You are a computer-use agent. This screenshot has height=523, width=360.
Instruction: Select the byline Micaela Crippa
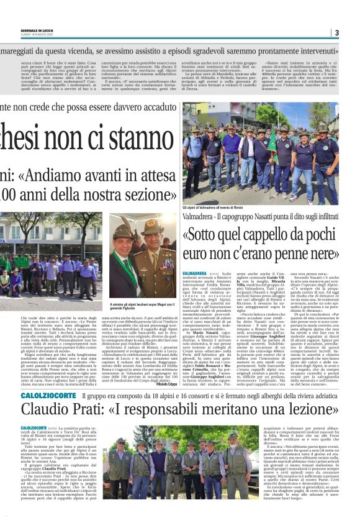coord(162,384)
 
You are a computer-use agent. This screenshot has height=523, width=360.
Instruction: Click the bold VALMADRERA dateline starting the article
coord(193,272)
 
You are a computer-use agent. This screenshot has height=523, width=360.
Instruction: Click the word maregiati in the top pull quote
coord(22,45)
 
